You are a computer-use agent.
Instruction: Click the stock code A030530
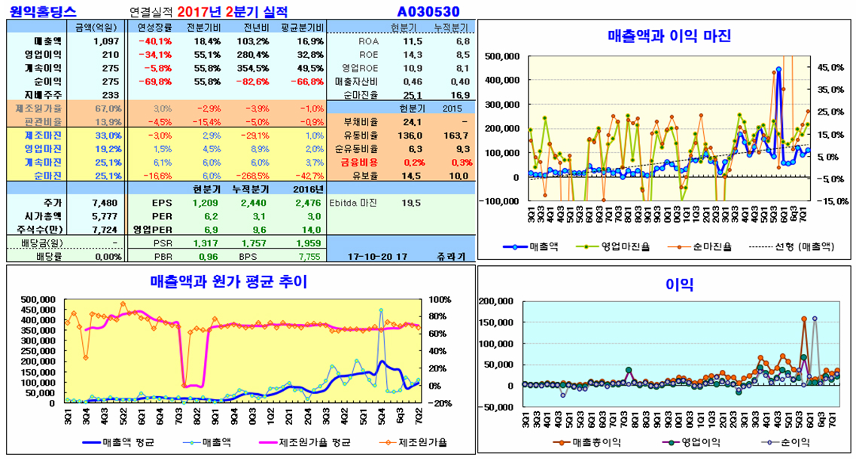point(428,11)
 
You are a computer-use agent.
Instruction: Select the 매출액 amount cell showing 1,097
point(106,41)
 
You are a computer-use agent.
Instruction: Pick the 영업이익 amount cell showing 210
point(111,54)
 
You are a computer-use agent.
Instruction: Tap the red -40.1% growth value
point(154,41)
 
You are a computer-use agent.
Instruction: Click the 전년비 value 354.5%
point(252,68)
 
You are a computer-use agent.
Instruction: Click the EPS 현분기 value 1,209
point(204,203)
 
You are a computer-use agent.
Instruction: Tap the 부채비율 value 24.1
point(412,121)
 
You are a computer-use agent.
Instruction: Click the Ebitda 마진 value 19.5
point(411,203)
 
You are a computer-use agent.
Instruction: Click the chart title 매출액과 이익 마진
point(669,35)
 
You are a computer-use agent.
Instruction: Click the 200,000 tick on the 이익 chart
point(498,301)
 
